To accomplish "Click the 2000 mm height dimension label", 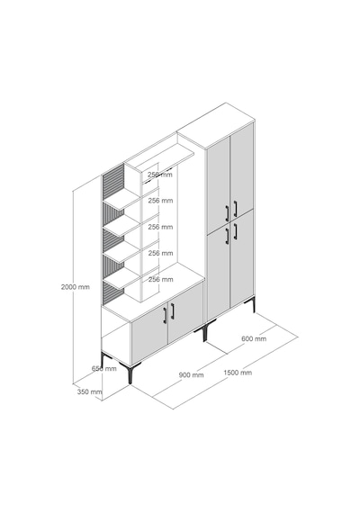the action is [75, 287].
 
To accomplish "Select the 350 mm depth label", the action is [89, 391].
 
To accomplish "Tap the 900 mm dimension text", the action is [191, 375].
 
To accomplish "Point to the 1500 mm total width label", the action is [238, 373].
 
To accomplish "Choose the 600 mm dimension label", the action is [254, 338].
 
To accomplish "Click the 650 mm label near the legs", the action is [104, 368].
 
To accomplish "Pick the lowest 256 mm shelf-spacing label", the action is [160, 279].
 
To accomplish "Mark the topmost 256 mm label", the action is [159, 175].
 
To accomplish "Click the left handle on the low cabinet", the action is [165, 316].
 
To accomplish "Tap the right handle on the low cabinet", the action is [173, 311].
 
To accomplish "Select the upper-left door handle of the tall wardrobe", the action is [227, 213].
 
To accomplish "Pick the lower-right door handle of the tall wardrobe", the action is [235, 231].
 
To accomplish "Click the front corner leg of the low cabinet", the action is [130, 375].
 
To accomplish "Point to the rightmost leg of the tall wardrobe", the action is [253, 305].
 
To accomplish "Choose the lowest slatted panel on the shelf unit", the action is [112, 293].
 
